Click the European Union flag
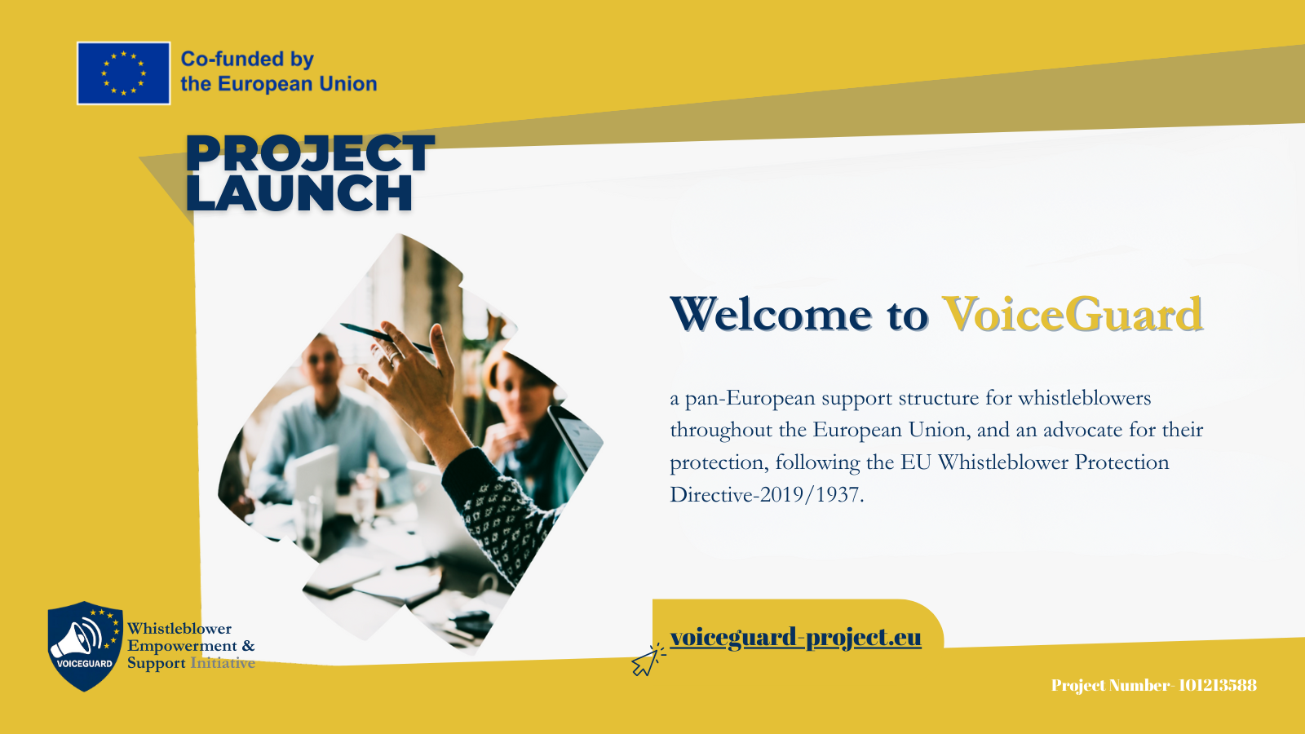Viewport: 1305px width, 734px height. [x=123, y=73]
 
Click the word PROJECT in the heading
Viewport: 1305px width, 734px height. [x=310, y=153]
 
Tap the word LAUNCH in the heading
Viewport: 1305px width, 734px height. [x=299, y=192]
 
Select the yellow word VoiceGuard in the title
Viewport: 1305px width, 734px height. [x=1073, y=315]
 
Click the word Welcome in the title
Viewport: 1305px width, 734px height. [x=771, y=315]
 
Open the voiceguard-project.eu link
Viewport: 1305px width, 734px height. [x=796, y=637]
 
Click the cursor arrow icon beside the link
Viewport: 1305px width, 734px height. [x=648, y=661]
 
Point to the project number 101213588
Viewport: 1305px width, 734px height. [x=1217, y=685]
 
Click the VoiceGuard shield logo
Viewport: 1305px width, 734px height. [x=85, y=646]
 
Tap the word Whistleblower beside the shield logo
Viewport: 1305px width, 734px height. [x=179, y=629]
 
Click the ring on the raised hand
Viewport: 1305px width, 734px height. [x=394, y=356]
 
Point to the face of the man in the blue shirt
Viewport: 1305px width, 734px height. [x=321, y=362]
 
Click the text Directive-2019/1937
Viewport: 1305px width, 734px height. [x=767, y=494]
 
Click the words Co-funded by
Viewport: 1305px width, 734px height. [x=247, y=59]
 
